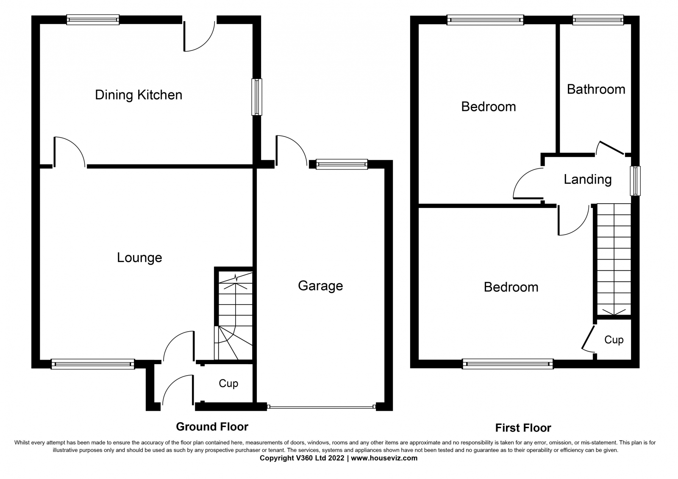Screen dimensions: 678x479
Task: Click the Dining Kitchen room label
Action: (x=139, y=95)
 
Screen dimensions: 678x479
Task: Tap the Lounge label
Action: (x=139, y=258)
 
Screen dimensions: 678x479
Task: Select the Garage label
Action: (x=320, y=286)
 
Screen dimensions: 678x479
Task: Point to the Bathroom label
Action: (x=596, y=89)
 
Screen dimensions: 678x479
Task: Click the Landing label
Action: (x=587, y=180)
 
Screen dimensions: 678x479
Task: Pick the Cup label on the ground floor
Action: (x=228, y=384)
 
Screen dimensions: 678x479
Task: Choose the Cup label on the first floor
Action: (x=614, y=340)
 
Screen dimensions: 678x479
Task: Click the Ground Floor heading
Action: (x=212, y=427)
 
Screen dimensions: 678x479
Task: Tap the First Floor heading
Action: (x=523, y=428)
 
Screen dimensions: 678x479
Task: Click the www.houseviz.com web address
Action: (x=384, y=458)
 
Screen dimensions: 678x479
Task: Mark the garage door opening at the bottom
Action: (x=321, y=407)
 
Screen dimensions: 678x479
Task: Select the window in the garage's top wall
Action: (x=342, y=164)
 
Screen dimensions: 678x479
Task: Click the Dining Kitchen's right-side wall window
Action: (x=257, y=97)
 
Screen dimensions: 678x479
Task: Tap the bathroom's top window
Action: (x=598, y=20)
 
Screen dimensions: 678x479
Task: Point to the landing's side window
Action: (x=635, y=181)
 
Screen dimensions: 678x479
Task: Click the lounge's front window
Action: (x=93, y=364)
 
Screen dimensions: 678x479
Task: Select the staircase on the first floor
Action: (x=614, y=260)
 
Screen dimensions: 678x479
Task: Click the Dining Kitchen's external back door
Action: (x=200, y=36)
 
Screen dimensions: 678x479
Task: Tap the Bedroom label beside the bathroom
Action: (x=488, y=107)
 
